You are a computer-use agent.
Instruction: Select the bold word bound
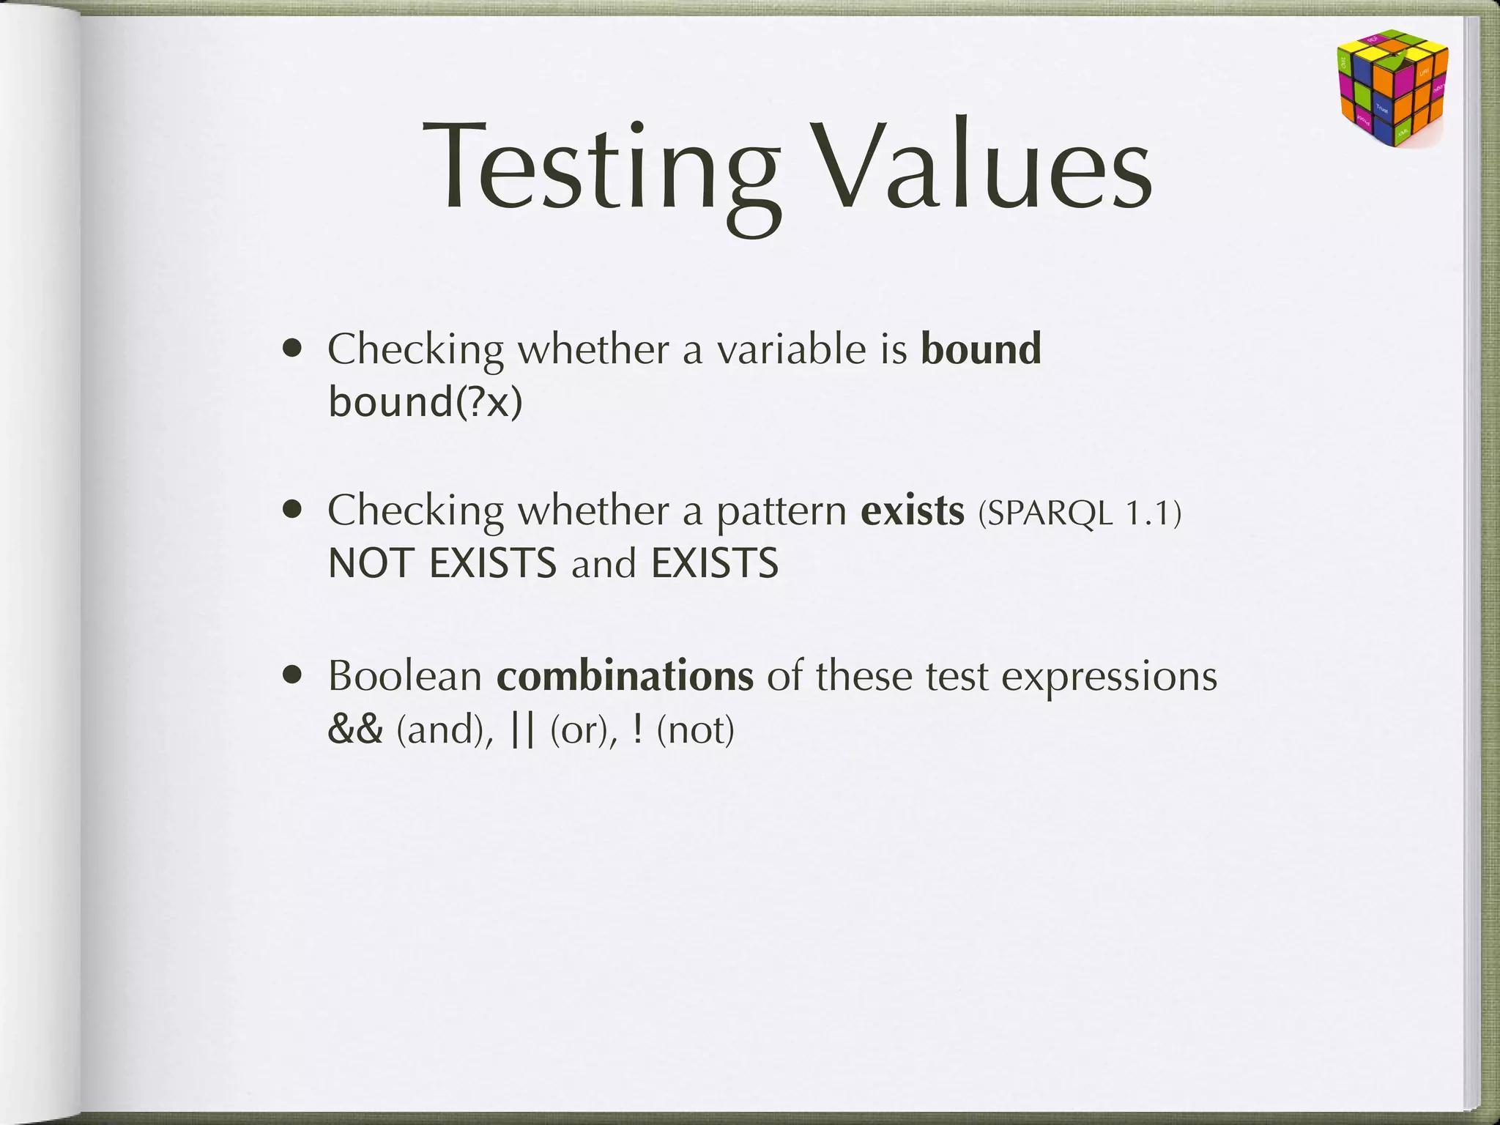[x=981, y=349]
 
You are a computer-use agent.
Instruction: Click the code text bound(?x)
[x=426, y=401]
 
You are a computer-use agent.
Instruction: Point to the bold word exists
[x=912, y=510]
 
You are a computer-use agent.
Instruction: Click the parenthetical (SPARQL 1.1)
[x=1080, y=513]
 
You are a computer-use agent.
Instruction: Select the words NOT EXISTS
[x=442, y=563]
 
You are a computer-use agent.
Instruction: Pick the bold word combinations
[x=625, y=675]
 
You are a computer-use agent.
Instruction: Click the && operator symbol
[x=355, y=729]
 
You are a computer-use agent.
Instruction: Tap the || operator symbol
[x=523, y=729]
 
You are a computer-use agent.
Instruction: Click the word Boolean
[x=404, y=675]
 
